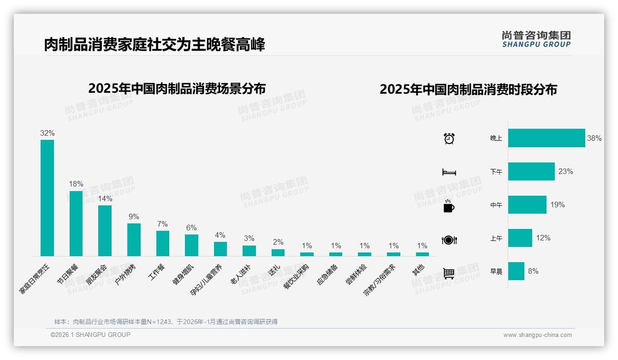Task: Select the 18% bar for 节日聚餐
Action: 76,223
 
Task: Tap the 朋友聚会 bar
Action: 105,230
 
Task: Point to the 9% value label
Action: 134,217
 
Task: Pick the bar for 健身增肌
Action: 191,245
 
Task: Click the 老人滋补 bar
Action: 249,251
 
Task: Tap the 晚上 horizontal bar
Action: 547,138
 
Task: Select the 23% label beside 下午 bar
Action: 565,172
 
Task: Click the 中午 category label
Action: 496,205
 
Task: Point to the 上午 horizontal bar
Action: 520,238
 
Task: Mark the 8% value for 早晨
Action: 533,271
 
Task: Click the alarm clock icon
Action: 449,138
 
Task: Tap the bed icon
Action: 449,172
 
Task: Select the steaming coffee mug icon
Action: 449,206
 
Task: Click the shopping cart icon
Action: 449,273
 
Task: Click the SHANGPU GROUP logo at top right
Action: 536,39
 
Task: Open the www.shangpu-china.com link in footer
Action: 537,335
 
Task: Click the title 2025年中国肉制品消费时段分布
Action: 468,89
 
